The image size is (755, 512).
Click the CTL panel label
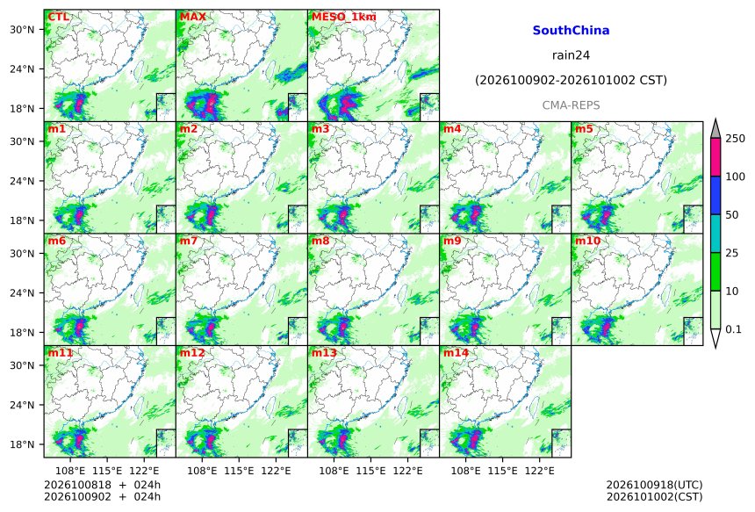click(x=58, y=17)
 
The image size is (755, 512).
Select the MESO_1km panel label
click(x=344, y=17)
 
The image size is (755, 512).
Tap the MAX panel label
click(x=192, y=17)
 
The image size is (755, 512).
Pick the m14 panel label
click(x=456, y=353)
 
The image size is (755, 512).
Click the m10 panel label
click(x=587, y=241)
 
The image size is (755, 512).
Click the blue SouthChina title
click(x=571, y=31)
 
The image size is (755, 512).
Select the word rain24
click(x=571, y=55)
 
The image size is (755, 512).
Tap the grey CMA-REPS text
click(x=571, y=105)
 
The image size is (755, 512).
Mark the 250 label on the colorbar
click(x=736, y=139)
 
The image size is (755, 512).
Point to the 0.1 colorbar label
click(x=733, y=329)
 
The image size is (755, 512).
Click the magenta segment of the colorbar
click(x=715, y=157)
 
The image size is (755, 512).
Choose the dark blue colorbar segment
click(x=715, y=196)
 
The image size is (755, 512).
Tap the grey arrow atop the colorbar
click(x=715, y=129)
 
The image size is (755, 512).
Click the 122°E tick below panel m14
click(x=539, y=470)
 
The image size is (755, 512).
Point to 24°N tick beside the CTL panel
click(x=22, y=69)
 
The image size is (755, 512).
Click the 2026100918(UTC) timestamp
click(x=654, y=485)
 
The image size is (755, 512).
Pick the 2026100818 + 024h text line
click(x=102, y=485)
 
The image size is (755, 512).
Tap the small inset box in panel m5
click(x=694, y=220)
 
